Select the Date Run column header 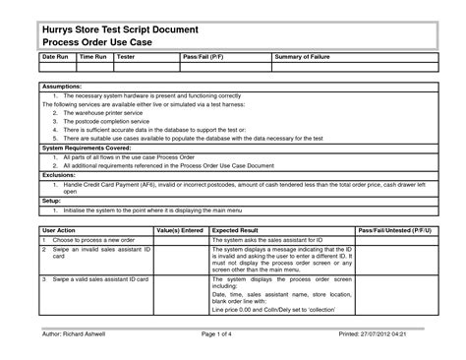point(54,59)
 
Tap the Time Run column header point(92,59)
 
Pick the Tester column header point(126,59)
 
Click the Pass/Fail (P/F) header point(204,59)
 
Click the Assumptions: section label point(62,86)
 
